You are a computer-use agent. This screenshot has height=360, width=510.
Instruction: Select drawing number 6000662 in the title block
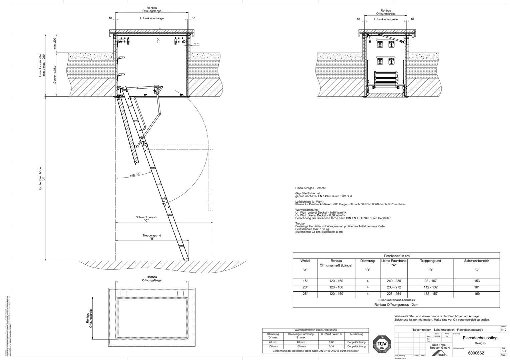(x=476, y=353)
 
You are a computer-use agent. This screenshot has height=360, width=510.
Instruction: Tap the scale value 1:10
(x=503, y=330)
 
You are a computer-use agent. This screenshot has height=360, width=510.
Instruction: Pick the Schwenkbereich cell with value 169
(x=477, y=294)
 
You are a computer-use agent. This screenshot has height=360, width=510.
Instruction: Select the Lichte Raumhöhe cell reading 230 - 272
(x=394, y=287)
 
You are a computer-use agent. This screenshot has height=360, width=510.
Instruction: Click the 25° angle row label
(x=305, y=294)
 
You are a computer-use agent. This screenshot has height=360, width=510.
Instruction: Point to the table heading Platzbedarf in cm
(x=396, y=256)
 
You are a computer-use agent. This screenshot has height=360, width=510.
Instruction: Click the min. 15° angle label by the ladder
(x=135, y=174)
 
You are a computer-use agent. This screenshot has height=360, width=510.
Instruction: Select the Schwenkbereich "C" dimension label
(x=146, y=219)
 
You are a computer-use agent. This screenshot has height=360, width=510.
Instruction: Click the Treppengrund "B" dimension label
(x=151, y=237)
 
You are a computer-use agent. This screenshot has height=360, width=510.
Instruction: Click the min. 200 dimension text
(x=55, y=43)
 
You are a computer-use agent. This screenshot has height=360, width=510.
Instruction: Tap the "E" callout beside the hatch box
(x=196, y=44)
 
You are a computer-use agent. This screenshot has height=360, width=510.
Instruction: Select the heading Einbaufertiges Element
(x=310, y=188)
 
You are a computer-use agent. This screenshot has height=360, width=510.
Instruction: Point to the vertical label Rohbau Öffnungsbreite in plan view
(x=89, y=318)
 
